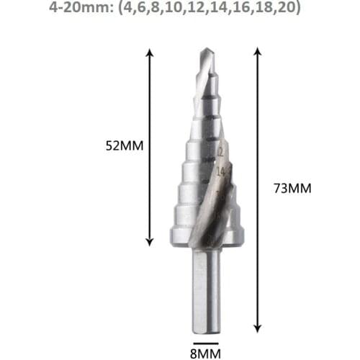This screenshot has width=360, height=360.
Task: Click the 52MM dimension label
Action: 125,145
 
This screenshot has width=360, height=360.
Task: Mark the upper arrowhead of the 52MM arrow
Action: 150,53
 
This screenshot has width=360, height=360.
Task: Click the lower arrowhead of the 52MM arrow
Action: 150,243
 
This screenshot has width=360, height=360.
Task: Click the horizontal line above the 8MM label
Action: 205,336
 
